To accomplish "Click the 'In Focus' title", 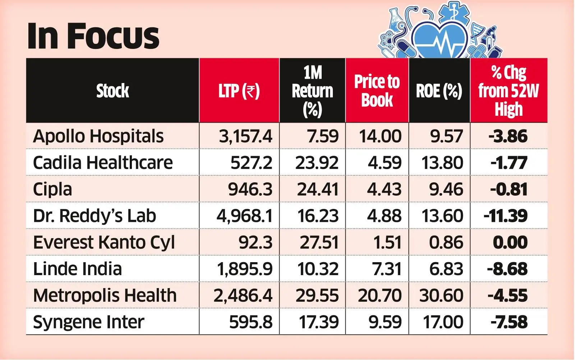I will pyautogui.click(x=93, y=36).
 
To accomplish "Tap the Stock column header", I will pyautogui.click(x=112, y=91).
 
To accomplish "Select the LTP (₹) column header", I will pyautogui.click(x=239, y=91).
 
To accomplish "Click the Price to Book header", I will pyautogui.click(x=377, y=91).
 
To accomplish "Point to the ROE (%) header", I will pyautogui.click(x=439, y=91).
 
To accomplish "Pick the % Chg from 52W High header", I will pyautogui.click(x=509, y=91).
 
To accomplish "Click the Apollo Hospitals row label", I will pyautogui.click(x=98, y=136).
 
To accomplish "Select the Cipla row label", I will pyautogui.click(x=52, y=190).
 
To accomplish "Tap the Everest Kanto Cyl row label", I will pyautogui.click(x=104, y=242).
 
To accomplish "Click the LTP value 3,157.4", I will pyautogui.click(x=245, y=136).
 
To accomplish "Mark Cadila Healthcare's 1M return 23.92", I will pyautogui.click(x=317, y=163).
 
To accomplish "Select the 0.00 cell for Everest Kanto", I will pyautogui.click(x=510, y=242).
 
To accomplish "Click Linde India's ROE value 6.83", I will pyautogui.click(x=446, y=269).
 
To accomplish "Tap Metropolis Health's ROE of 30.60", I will pyautogui.click(x=441, y=296).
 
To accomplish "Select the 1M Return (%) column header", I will pyautogui.click(x=312, y=91).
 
